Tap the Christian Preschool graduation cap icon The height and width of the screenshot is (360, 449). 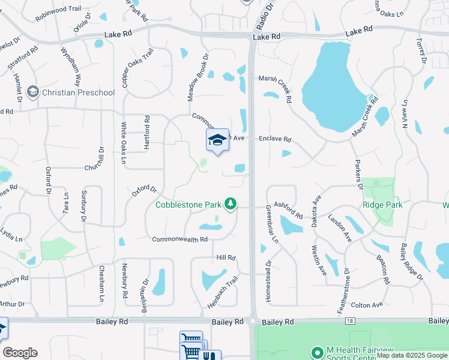click(32, 92)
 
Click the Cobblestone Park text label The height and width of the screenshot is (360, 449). click(188, 205)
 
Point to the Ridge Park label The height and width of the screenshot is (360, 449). click(382, 205)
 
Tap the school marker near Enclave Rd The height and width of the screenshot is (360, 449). click(217, 141)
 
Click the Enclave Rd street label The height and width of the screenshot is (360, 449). click(275, 139)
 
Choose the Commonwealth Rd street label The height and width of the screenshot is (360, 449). click(179, 239)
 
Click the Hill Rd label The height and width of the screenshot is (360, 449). click(226, 257)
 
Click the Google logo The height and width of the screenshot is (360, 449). click(20, 353)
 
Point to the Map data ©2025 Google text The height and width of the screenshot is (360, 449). click(412, 355)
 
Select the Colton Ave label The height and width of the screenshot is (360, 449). click(367, 305)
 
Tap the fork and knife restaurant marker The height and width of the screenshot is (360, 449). click(209, 355)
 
